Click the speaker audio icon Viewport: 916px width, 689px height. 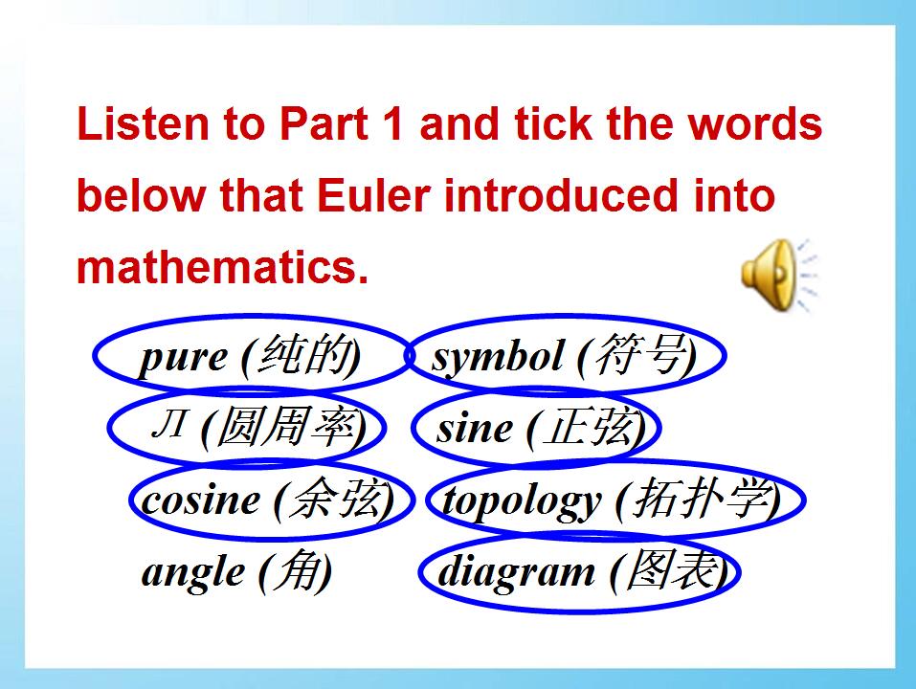point(778,275)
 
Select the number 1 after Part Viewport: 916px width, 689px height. point(393,123)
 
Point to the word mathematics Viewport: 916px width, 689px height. point(223,267)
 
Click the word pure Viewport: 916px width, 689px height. point(183,357)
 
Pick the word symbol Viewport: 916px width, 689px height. point(497,356)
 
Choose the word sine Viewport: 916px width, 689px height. point(475,428)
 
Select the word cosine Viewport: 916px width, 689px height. point(200,500)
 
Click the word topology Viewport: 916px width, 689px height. point(522,502)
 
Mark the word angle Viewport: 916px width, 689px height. point(193,572)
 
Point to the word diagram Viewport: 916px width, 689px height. point(516,572)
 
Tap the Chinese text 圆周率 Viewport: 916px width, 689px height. point(286,426)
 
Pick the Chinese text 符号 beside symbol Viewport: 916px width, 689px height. point(641,354)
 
